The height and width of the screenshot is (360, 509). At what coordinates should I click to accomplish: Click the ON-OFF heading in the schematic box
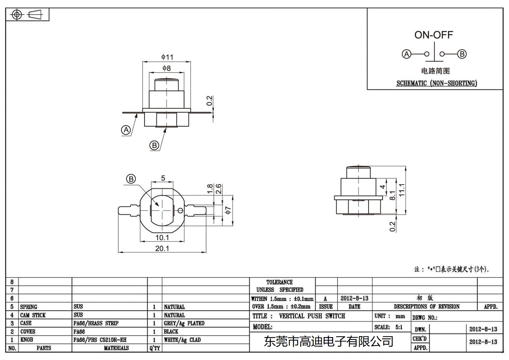coord(434,35)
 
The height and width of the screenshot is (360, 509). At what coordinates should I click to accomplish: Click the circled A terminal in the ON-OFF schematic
coord(407,54)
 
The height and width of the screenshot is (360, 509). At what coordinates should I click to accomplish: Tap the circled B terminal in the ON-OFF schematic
coord(462,54)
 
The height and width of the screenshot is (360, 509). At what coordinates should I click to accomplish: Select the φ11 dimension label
coord(167,57)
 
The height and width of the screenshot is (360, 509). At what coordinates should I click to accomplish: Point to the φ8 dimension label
coord(166,68)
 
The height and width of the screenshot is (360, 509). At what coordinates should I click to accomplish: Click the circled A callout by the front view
coord(126,130)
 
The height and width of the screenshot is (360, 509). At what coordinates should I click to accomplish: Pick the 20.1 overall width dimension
coord(162,248)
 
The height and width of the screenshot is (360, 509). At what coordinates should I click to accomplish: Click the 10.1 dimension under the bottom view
coord(162,237)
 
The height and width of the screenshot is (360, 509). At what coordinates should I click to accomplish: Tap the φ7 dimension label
coord(228,210)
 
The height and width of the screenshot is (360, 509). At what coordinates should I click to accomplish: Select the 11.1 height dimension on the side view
coord(402,190)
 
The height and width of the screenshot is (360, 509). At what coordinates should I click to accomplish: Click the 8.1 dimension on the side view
coord(393,195)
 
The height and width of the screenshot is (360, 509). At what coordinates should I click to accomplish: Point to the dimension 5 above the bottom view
coord(163,178)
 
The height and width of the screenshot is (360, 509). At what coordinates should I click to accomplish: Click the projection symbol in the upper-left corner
coord(27,15)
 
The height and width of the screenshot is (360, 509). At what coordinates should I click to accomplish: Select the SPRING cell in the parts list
coord(29,307)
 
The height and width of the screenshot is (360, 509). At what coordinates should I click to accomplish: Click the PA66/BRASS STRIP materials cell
coord(96,323)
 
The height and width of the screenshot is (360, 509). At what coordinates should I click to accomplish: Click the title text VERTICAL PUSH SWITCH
coord(312,316)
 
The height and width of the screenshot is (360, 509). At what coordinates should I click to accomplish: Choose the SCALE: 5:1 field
coord(388,327)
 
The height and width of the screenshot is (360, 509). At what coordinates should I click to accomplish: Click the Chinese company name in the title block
coord(328,342)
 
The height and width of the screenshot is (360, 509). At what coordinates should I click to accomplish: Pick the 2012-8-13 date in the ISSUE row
coord(354,298)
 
